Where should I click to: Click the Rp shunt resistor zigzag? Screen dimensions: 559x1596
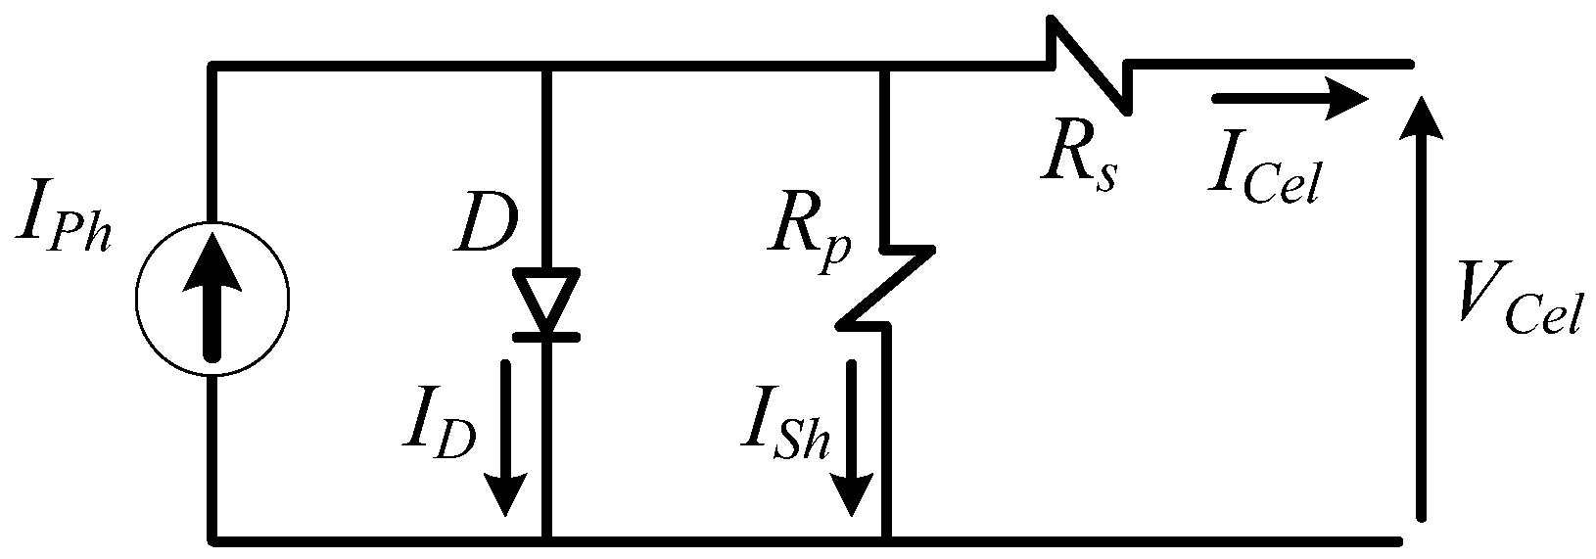click(x=886, y=289)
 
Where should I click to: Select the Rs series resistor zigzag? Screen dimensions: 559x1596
click(x=1090, y=64)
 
